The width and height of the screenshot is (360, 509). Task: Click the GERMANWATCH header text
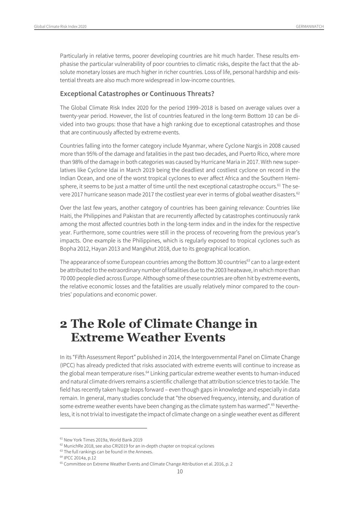[310, 27]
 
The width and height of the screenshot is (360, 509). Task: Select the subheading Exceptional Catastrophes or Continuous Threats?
[137, 94]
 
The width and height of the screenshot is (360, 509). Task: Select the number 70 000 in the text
[68, 278]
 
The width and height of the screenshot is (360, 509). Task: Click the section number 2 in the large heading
[64, 324]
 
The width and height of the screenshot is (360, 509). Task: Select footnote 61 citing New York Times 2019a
[101, 440]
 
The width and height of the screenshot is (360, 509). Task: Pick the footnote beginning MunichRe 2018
[137, 446]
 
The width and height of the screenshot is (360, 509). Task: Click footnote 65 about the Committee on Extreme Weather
[146, 464]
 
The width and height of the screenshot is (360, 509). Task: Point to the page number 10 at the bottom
[180, 471]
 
